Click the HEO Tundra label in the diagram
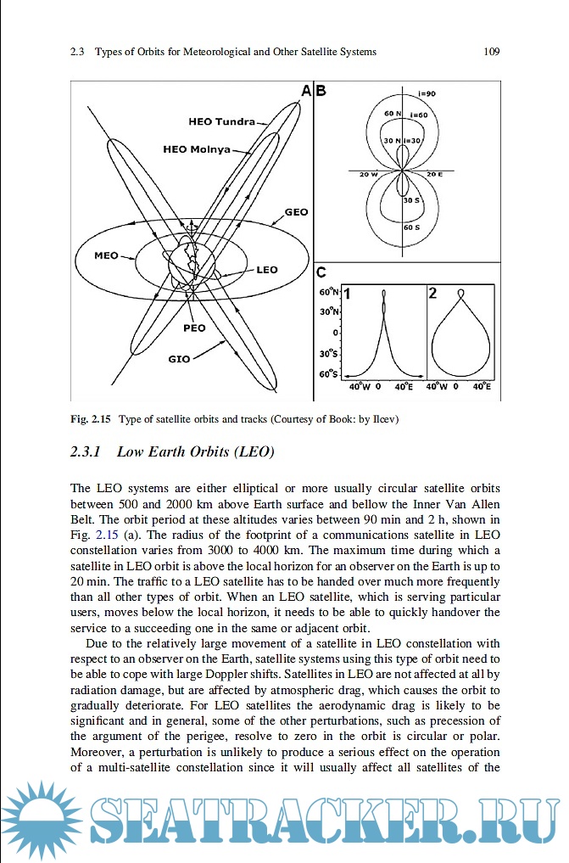click(x=221, y=121)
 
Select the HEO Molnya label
click(x=196, y=149)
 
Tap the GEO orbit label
click(x=296, y=212)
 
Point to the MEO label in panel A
click(x=106, y=255)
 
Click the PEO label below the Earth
click(x=194, y=328)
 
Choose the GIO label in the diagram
click(x=179, y=359)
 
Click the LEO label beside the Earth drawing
click(x=266, y=270)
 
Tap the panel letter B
click(x=321, y=90)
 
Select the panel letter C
click(x=321, y=272)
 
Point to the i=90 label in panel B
click(x=426, y=92)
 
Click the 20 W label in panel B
click(x=367, y=175)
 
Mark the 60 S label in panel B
click(x=410, y=227)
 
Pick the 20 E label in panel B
click(x=434, y=175)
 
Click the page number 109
click(x=491, y=52)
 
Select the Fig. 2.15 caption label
click(x=91, y=418)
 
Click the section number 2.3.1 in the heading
click(x=86, y=452)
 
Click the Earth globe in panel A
click(x=192, y=266)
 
